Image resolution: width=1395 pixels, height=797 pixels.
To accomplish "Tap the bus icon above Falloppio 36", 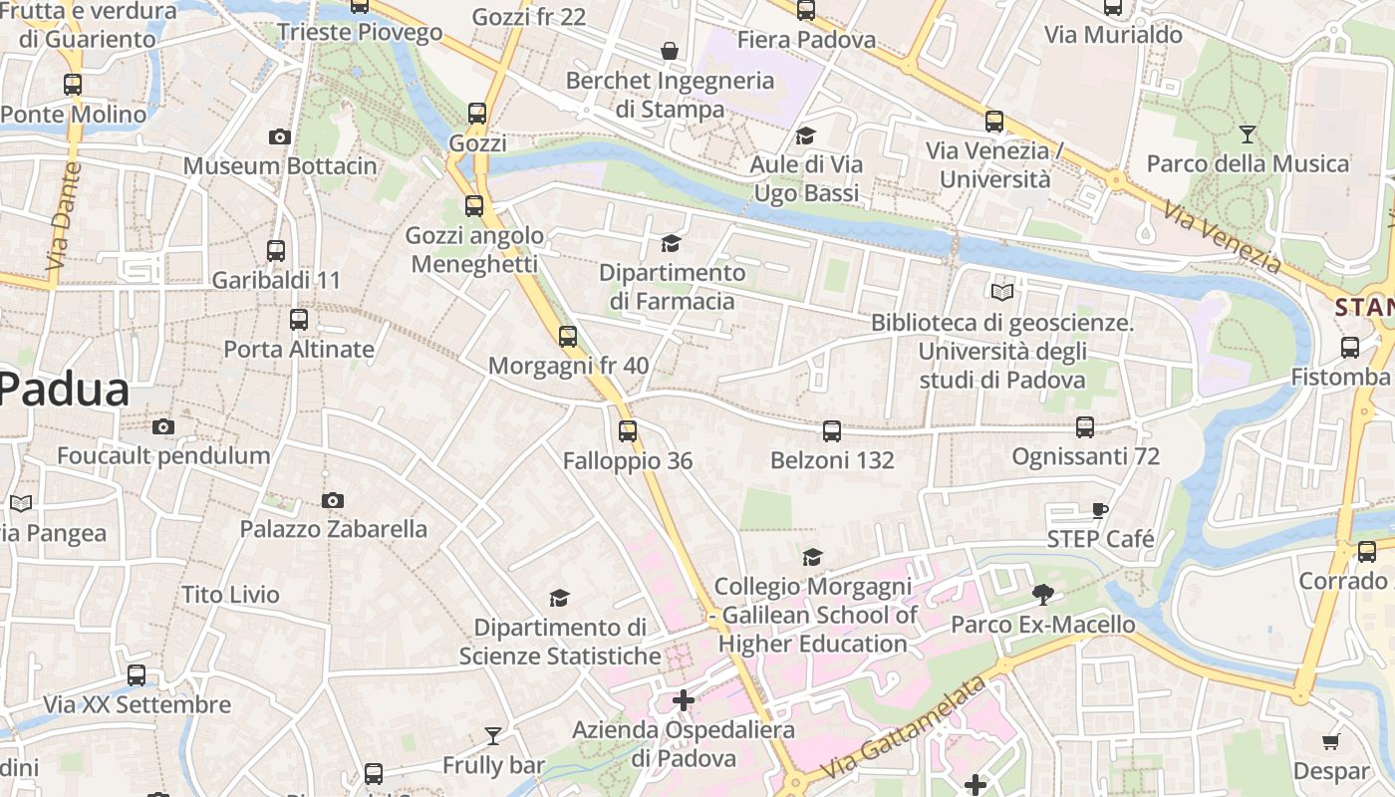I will pos(628,431).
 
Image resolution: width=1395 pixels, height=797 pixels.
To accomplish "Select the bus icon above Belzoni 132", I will pos(832,431).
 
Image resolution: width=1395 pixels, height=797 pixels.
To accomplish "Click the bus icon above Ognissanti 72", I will pos(1085,427).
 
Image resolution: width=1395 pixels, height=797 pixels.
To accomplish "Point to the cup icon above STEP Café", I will pos(1099,511).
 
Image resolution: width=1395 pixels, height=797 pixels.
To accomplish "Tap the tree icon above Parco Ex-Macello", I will pos(1043,596).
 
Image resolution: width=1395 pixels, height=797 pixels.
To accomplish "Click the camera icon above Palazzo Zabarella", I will pos(333,500).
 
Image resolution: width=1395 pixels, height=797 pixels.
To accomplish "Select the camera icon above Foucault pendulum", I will pos(163,427).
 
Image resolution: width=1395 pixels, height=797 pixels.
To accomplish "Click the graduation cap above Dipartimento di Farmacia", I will pos(672,244).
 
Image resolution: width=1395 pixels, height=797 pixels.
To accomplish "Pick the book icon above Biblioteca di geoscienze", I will pos(1002,292).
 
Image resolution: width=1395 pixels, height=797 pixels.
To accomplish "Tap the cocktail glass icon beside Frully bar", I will pos(493,736).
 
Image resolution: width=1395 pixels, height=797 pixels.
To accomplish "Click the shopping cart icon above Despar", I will pos(1330,741).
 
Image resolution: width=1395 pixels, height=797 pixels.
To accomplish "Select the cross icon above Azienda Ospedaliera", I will pos(684,700).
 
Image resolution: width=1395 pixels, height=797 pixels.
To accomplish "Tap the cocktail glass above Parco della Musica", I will pos(1247,133).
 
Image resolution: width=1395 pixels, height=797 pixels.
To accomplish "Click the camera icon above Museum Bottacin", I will pos(280,136).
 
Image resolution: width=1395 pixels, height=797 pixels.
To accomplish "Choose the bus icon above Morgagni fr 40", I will pos(568,337).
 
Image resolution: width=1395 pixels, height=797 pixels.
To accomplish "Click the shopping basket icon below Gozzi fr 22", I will pos(670,50).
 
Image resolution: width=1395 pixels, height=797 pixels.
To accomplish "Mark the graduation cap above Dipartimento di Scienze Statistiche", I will pos(560,598).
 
